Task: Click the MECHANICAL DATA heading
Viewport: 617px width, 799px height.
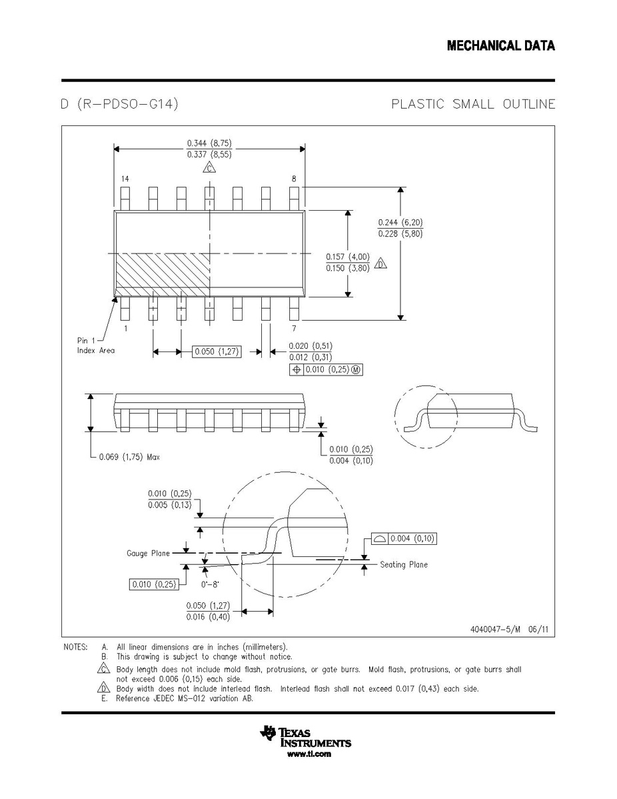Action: pyautogui.click(x=501, y=46)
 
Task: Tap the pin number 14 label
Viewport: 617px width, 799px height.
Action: pyautogui.click(x=125, y=179)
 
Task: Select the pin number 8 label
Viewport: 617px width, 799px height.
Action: pyautogui.click(x=294, y=179)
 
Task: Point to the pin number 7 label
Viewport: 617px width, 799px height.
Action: pyautogui.click(x=294, y=328)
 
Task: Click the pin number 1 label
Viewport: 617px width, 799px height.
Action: pyautogui.click(x=126, y=328)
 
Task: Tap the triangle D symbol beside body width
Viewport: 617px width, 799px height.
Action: pyautogui.click(x=380, y=263)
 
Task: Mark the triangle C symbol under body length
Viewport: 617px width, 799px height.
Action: pyautogui.click(x=209, y=167)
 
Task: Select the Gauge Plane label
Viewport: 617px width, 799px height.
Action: pyautogui.click(x=148, y=554)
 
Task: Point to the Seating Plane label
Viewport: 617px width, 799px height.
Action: pyautogui.click(x=404, y=565)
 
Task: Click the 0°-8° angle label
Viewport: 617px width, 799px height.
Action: pyautogui.click(x=211, y=584)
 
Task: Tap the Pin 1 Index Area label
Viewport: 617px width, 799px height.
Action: pyautogui.click(x=96, y=345)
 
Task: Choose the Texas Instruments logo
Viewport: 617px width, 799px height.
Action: pyautogui.click(x=305, y=737)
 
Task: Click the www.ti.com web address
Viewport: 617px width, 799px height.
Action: pyautogui.click(x=309, y=754)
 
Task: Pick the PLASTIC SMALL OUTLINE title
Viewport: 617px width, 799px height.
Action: pyautogui.click(x=474, y=104)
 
